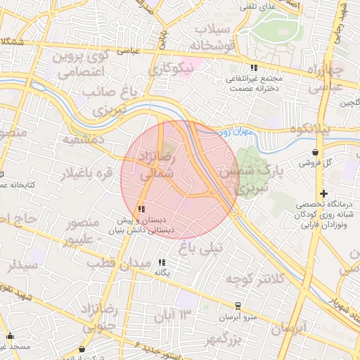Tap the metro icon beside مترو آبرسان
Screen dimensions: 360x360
point(237,306)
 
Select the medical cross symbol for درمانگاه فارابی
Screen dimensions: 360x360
point(323,193)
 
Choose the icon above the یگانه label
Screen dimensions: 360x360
point(162,262)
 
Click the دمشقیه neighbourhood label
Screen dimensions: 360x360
point(84,139)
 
